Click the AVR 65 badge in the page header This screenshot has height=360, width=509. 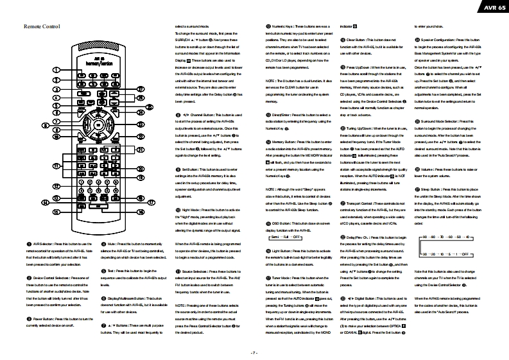(487, 7)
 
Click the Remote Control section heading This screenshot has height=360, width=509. (42, 27)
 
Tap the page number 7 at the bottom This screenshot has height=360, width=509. (254, 352)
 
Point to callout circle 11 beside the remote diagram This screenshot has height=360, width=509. (56, 166)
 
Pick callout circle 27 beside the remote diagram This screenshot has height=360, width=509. (141, 88)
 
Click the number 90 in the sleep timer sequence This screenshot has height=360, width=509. (426, 237)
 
